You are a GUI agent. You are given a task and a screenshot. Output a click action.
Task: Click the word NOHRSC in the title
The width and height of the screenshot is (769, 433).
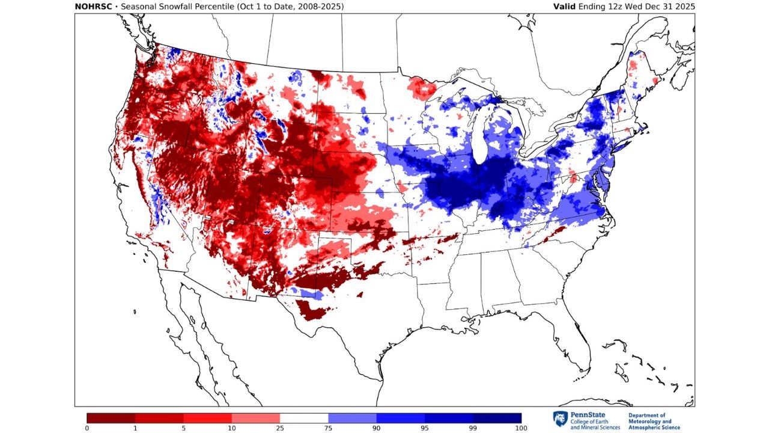[x=94, y=7]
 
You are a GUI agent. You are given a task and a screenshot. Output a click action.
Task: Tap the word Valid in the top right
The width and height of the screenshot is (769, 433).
[x=567, y=7]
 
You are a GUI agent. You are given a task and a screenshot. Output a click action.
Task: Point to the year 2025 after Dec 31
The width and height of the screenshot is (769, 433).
[x=684, y=7]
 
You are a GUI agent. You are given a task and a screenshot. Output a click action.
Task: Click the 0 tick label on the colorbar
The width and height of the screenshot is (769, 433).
[x=87, y=428]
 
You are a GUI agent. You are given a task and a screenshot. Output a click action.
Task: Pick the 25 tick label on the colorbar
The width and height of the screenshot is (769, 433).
[x=280, y=428]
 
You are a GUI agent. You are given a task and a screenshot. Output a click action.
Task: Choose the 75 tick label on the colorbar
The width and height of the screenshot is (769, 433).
[x=328, y=428]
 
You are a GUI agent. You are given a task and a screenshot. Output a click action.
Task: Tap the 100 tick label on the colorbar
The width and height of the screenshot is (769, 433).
[x=521, y=428]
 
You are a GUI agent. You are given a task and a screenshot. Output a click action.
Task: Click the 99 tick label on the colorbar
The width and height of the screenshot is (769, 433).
[x=473, y=428]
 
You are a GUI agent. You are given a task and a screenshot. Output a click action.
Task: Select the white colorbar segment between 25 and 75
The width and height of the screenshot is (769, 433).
[x=304, y=417]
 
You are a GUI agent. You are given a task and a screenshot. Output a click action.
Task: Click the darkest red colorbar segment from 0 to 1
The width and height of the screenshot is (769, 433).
[x=111, y=417]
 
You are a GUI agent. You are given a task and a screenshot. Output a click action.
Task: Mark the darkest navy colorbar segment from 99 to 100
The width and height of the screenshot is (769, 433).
[x=497, y=417]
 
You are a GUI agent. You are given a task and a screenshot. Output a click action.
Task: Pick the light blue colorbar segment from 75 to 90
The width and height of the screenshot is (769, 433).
[x=352, y=417]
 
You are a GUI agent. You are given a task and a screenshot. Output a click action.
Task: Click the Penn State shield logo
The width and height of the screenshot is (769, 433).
[x=559, y=419]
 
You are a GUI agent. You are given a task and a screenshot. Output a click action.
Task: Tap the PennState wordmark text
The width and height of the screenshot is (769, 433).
[x=588, y=415]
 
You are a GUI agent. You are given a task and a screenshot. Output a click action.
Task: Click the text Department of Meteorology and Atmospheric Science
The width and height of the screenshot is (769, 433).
[x=654, y=421]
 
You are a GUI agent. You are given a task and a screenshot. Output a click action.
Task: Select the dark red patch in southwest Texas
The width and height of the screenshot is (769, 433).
[x=312, y=310]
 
